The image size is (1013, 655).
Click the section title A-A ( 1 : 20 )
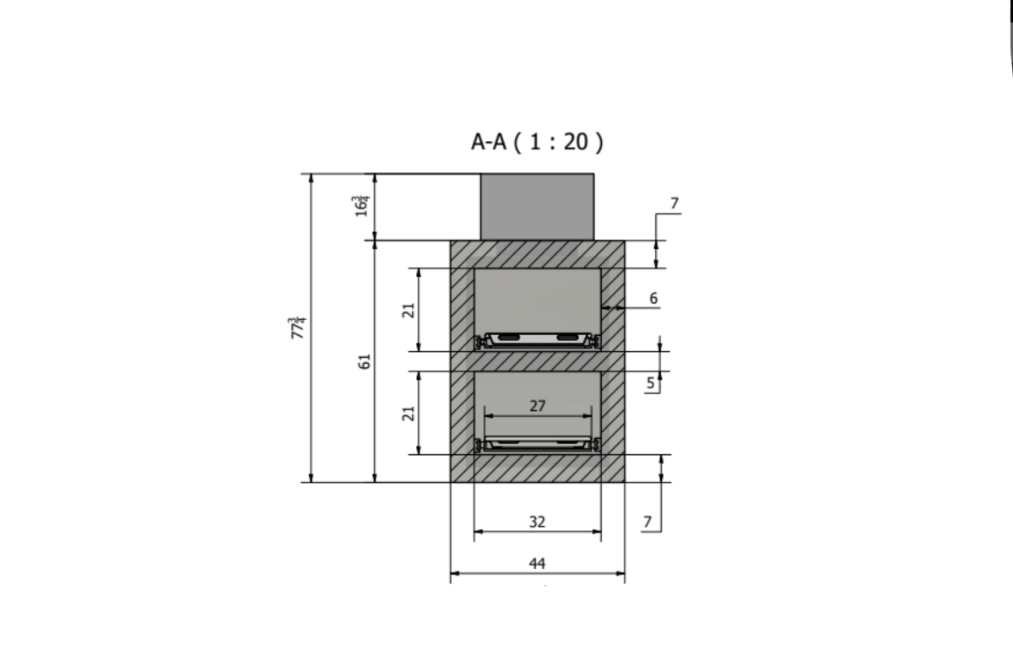tap(537, 142)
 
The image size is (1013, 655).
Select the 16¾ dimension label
tap(361, 206)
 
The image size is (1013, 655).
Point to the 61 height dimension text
tap(365, 361)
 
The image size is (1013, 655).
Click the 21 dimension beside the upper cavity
tap(409, 311)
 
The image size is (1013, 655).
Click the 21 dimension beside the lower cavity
tap(409, 414)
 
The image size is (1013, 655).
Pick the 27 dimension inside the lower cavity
tap(537, 406)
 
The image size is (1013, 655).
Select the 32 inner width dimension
tap(537, 522)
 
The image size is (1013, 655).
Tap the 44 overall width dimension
tap(537, 564)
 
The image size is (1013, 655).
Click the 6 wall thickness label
tap(653, 298)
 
